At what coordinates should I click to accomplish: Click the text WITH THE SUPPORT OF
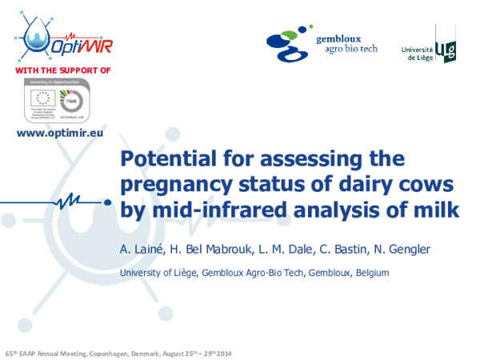(62, 70)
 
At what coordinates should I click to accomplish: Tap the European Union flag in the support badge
(42, 98)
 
